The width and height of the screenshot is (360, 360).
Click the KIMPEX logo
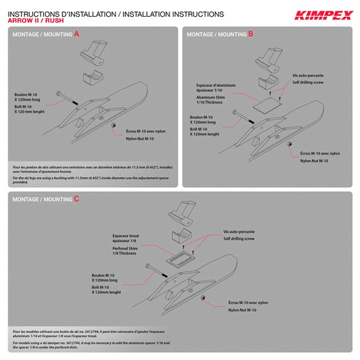point(323,15)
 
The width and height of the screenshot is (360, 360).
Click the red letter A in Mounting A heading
point(76,34)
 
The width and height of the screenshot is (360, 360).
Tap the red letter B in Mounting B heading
point(251,33)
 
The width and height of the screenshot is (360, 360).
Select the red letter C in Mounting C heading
point(76,199)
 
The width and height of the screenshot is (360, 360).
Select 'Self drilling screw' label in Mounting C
point(239,238)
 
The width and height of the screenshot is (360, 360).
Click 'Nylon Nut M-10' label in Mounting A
point(140,138)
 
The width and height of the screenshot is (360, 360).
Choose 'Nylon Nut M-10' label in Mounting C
point(242,310)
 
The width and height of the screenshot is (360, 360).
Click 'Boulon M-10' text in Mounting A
point(26,95)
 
